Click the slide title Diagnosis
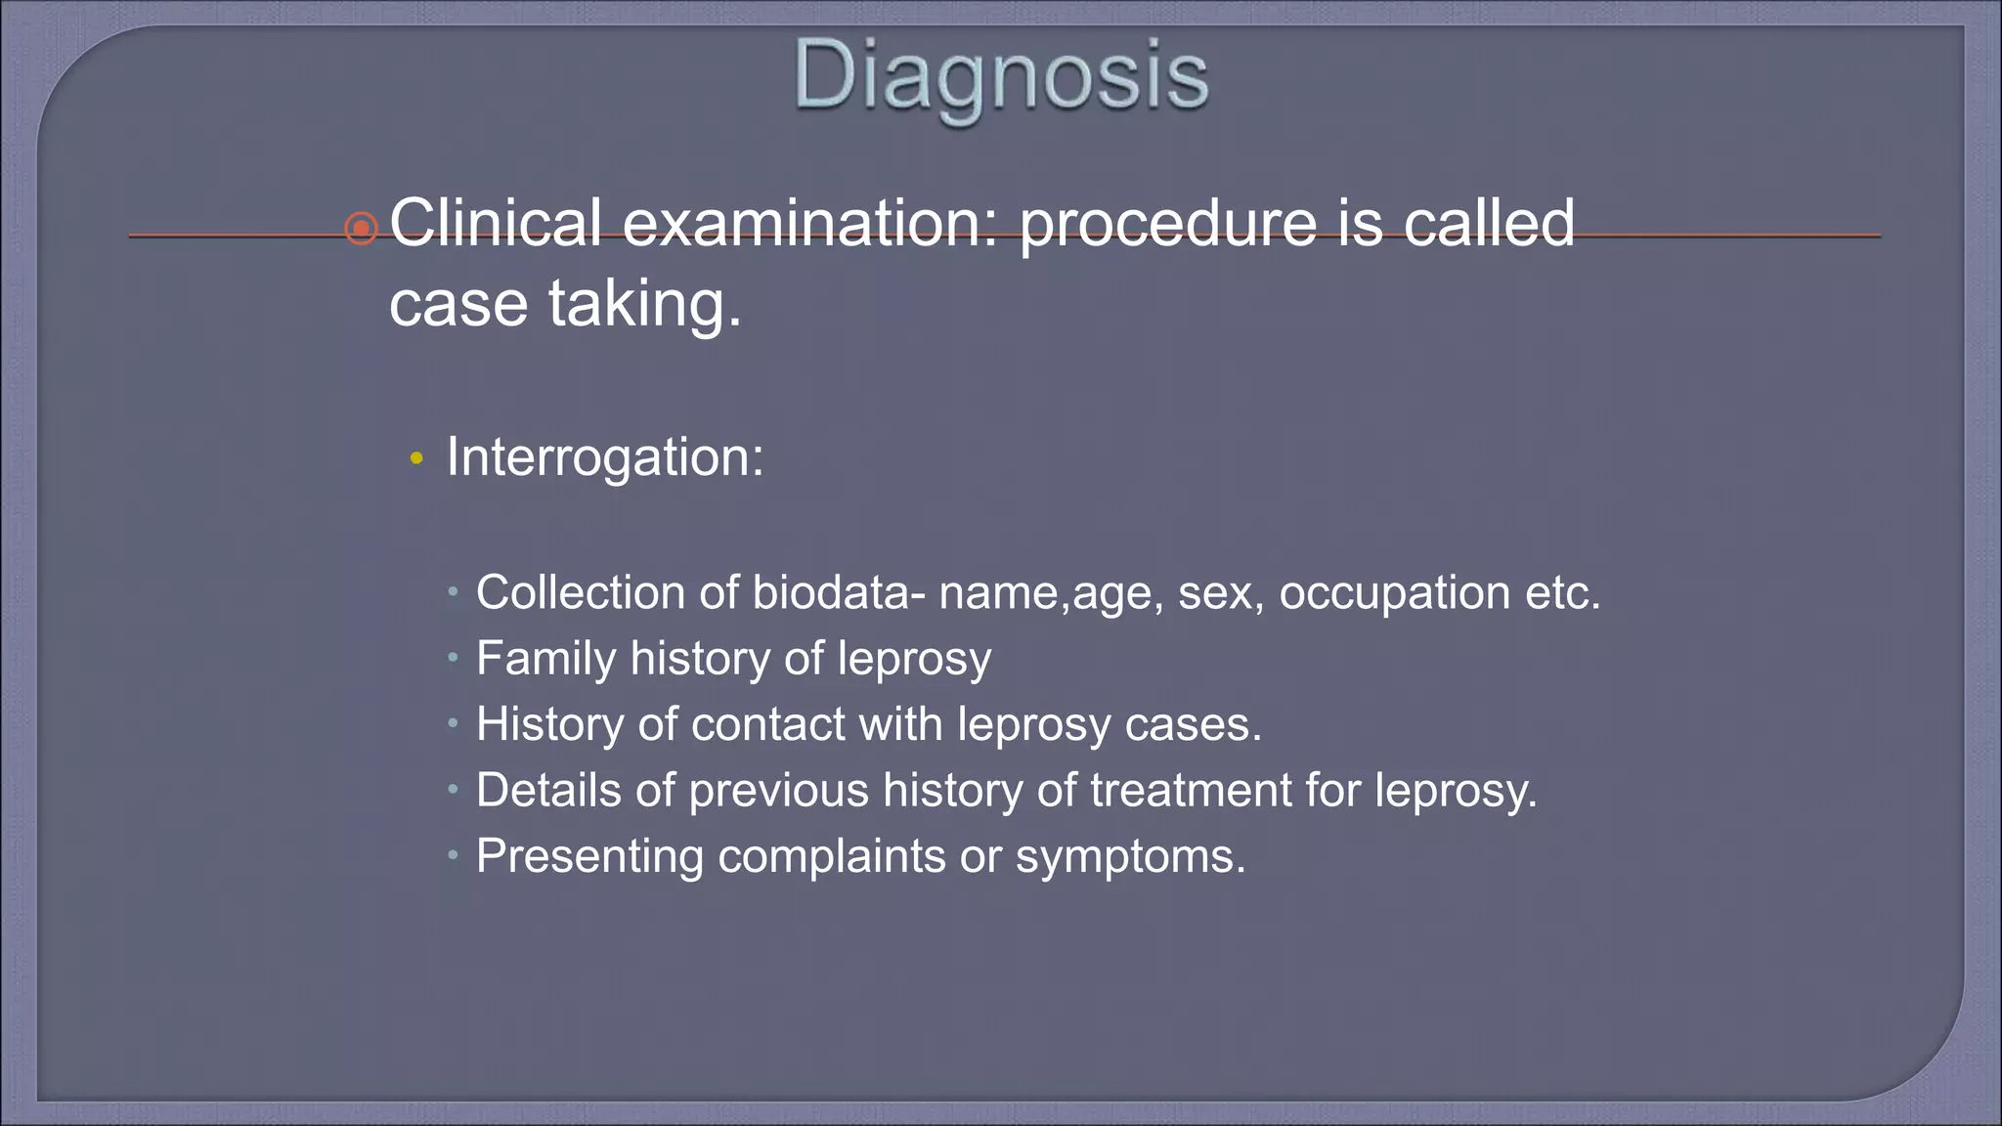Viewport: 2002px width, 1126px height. pos(1001,76)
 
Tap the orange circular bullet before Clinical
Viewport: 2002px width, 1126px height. pos(361,229)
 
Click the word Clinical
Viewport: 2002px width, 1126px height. pos(496,223)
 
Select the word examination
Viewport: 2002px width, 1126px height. pos(810,223)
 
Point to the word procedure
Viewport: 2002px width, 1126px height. pos(1168,225)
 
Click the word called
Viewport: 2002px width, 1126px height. pos(1489,223)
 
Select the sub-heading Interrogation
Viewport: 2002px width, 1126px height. pos(604,456)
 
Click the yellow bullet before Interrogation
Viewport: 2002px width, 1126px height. pos(416,458)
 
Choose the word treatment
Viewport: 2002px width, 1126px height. pos(1190,790)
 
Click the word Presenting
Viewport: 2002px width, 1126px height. pos(589,856)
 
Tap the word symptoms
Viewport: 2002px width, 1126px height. pos(1130,857)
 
